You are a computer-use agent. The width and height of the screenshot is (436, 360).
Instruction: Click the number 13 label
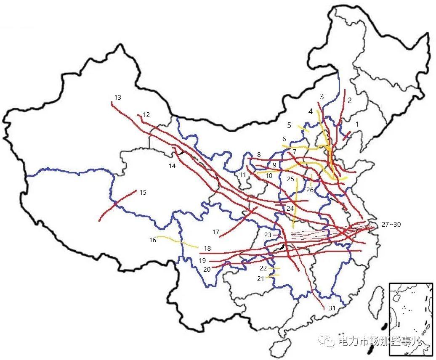coord(117,98)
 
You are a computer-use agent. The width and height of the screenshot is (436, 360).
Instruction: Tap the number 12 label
coord(146,114)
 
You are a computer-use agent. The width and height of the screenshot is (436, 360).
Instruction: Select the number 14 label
coord(172,166)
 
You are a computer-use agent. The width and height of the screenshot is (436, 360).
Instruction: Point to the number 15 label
coord(143,193)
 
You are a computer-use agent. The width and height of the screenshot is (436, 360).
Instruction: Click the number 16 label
coord(152,240)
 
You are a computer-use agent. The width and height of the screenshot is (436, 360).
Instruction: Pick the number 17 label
coord(216,232)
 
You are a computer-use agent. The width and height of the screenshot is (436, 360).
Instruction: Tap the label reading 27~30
coord(391,225)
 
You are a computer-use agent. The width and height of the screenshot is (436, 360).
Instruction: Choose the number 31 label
coord(332,308)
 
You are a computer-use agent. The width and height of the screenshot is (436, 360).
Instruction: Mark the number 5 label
coord(289,125)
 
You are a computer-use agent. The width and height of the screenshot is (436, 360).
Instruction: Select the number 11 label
coord(242,175)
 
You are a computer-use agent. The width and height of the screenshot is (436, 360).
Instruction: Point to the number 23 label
coord(268,235)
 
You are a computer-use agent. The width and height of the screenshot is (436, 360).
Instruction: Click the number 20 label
coord(206,269)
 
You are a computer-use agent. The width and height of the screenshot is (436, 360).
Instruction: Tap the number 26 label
coord(310,190)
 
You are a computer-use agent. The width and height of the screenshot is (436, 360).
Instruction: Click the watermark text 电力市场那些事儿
coord(379,341)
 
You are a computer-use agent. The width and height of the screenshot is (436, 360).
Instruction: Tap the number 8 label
coord(259,155)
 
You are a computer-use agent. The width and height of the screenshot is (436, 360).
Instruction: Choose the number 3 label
coord(322,97)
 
